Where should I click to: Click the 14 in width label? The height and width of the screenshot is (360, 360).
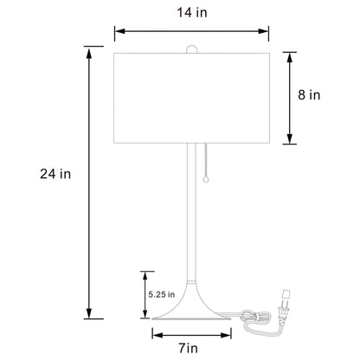[191, 13]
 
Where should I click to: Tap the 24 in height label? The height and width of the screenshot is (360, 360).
[55, 173]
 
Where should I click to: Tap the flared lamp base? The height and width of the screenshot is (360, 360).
[191, 312]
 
